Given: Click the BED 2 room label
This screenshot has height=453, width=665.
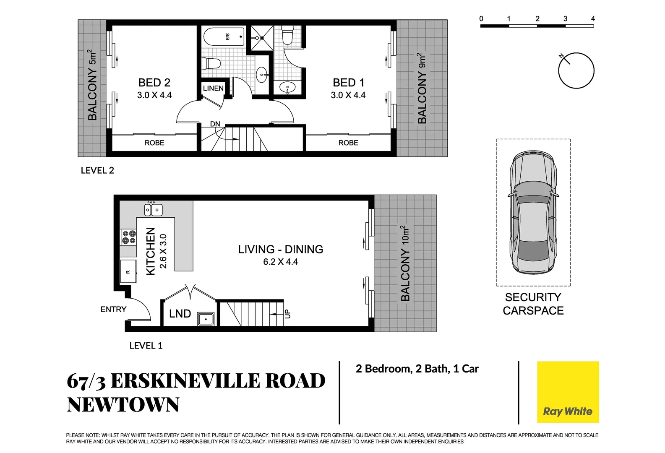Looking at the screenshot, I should (154, 83).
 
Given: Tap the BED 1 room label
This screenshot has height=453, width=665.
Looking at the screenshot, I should (348, 83).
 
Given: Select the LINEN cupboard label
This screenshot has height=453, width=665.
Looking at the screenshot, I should (213, 88).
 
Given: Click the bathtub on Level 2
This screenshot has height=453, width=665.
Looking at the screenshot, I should (224, 37).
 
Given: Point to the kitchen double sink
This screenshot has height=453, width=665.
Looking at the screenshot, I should (153, 210).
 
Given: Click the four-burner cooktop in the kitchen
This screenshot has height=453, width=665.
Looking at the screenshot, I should (129, 237).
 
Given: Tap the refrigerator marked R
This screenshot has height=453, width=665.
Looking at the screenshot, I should (128, 272).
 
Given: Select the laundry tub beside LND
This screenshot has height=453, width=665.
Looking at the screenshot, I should (206, 319).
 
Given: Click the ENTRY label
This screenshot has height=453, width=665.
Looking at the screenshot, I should (113, 309).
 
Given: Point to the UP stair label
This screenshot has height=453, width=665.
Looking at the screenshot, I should (287, 314).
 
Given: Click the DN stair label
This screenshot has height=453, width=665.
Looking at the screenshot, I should (215, 124).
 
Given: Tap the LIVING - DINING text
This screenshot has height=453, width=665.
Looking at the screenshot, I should (280, 249).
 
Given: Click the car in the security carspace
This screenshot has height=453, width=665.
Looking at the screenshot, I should (533, 212).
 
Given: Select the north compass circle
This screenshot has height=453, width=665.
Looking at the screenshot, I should (576, 70).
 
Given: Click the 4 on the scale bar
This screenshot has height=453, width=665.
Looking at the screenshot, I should (593, 18).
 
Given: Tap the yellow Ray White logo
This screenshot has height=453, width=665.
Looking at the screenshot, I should (568, 392).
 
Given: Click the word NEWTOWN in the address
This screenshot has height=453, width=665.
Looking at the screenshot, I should (123, 405).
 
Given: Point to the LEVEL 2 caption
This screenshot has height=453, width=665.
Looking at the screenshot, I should (97, 170).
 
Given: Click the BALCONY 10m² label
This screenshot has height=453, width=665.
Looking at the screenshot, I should (405, 263).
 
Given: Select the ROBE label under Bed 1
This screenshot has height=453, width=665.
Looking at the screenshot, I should (348, 143).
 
